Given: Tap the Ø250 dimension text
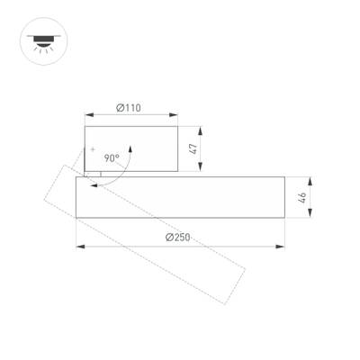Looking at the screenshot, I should point(177,238).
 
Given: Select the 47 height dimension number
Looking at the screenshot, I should point(193,148).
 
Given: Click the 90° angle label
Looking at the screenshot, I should point(112,157).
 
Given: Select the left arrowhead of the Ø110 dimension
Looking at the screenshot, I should point(87,115).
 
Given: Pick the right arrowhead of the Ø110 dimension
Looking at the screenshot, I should point(173,115).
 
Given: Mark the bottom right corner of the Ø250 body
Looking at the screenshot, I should point(283,217).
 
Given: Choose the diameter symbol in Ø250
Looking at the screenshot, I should point(168,238).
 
